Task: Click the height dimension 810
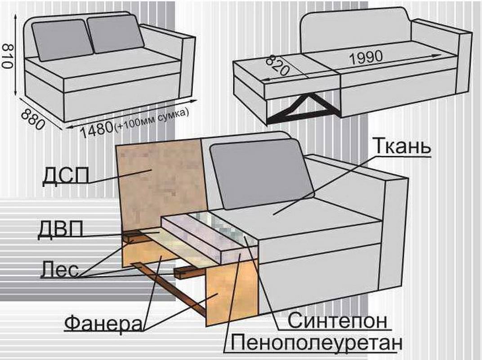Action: pyautogui.click(x=7, y=56)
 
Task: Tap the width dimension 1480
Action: pyautogui.click(x=97, y=130)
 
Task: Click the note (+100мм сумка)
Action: pyautogui.click(x=151, y=121)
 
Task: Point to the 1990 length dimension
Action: pyautogui.click(x=366, y=58)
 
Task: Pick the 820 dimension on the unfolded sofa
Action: pyautogui.click(x=277, y=66)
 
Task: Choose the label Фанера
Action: pyautogui.click(x=103, y=323)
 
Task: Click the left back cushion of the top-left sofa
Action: pyautogui.click(x=62, y=40)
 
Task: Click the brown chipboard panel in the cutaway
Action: pyautogui.click(x=159, y=184)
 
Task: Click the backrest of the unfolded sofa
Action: pyautogui.click(x=356, y=29)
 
